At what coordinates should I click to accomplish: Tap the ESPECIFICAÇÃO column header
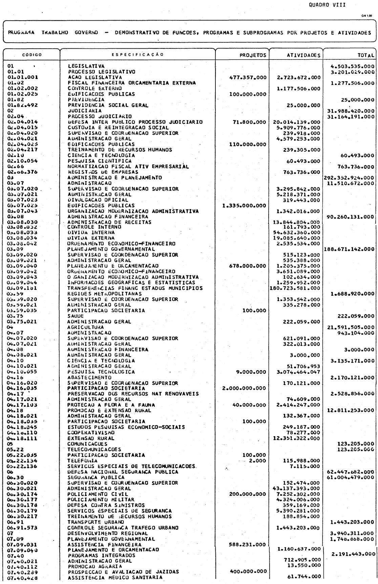(137, 54)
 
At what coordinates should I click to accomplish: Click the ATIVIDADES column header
(297, 55)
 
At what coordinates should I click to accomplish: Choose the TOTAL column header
(365, 55)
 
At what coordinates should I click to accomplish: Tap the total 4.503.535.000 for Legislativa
(352, 66)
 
